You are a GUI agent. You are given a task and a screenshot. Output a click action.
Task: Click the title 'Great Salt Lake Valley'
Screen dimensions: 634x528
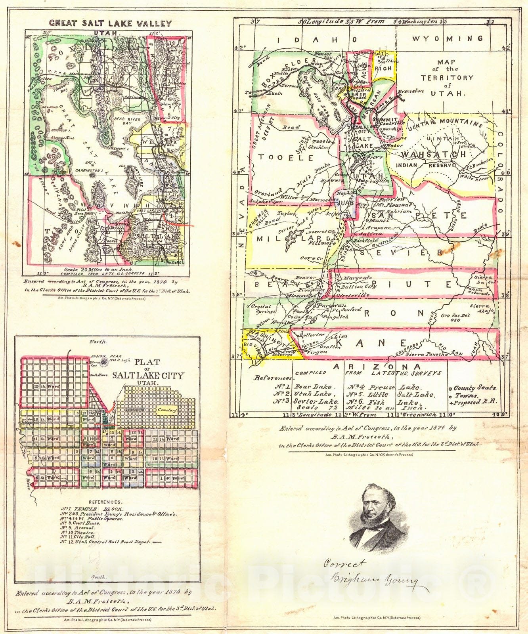(x=111, y=23)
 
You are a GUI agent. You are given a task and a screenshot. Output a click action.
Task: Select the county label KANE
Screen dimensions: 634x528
(x=381, y=342)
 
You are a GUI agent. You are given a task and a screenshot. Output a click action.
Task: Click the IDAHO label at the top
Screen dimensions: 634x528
(x=317, y=40)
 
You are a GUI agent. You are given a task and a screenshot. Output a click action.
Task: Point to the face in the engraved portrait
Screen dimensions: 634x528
(x=373, y=507)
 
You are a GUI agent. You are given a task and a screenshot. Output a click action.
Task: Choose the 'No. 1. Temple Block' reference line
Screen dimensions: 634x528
(x=92, y=509)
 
